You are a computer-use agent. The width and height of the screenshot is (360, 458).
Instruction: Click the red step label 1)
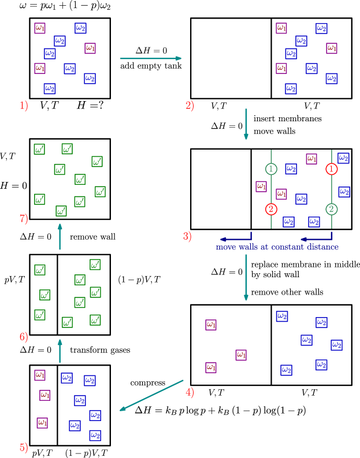pyautogui.click(x=24, y=106)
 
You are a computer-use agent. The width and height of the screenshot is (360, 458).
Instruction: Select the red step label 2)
pyautogui.click(x=190, y=106)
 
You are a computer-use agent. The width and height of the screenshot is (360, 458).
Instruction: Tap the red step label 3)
pyautogui.click(x=187, y=236)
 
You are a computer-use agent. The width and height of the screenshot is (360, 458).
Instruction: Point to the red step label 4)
pyautogui.click(x=190, y=393)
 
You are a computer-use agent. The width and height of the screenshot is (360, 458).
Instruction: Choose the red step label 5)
pyautogui.click(x=24, y=448)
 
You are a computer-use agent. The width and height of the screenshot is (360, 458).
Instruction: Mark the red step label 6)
pyautogui.click(x=24, y=337)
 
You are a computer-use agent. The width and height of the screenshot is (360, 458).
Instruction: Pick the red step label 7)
pyautogui.click(x=24, y=219)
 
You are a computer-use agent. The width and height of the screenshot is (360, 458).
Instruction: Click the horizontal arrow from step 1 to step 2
pyautogui.click(x=151, y=58)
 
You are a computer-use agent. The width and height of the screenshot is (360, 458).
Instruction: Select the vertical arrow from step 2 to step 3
pyautogui.click(x=246, y=124)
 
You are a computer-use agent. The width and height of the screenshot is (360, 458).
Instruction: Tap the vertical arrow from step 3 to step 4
pyautogui.click(x=246, y=278)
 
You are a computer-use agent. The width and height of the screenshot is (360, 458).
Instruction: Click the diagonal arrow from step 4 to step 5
pyautogui.click(x=151, y=396)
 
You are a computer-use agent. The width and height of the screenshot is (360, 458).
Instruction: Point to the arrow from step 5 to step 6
pyautogui.click(x=60, y=351)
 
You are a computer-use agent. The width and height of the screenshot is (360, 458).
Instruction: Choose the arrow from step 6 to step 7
pyautogui.click(x=60, y=237)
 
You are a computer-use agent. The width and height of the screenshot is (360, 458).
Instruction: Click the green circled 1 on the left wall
pyautogui.click(x=272, y=169)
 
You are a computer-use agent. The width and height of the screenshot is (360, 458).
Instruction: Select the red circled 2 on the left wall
pyautogui.click(x=272, y=209)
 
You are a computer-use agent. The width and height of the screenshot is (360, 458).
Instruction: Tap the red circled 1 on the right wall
pyautogui.click(x=332, y=169)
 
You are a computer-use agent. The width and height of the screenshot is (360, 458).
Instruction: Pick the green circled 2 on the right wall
pyautogui.click(x=332, y=209)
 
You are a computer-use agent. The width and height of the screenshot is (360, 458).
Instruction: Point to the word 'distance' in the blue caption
pyautogui.click(x=323, y=247)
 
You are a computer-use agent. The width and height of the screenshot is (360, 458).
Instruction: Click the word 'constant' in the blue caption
pyautogui.click(x=288, y=247)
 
